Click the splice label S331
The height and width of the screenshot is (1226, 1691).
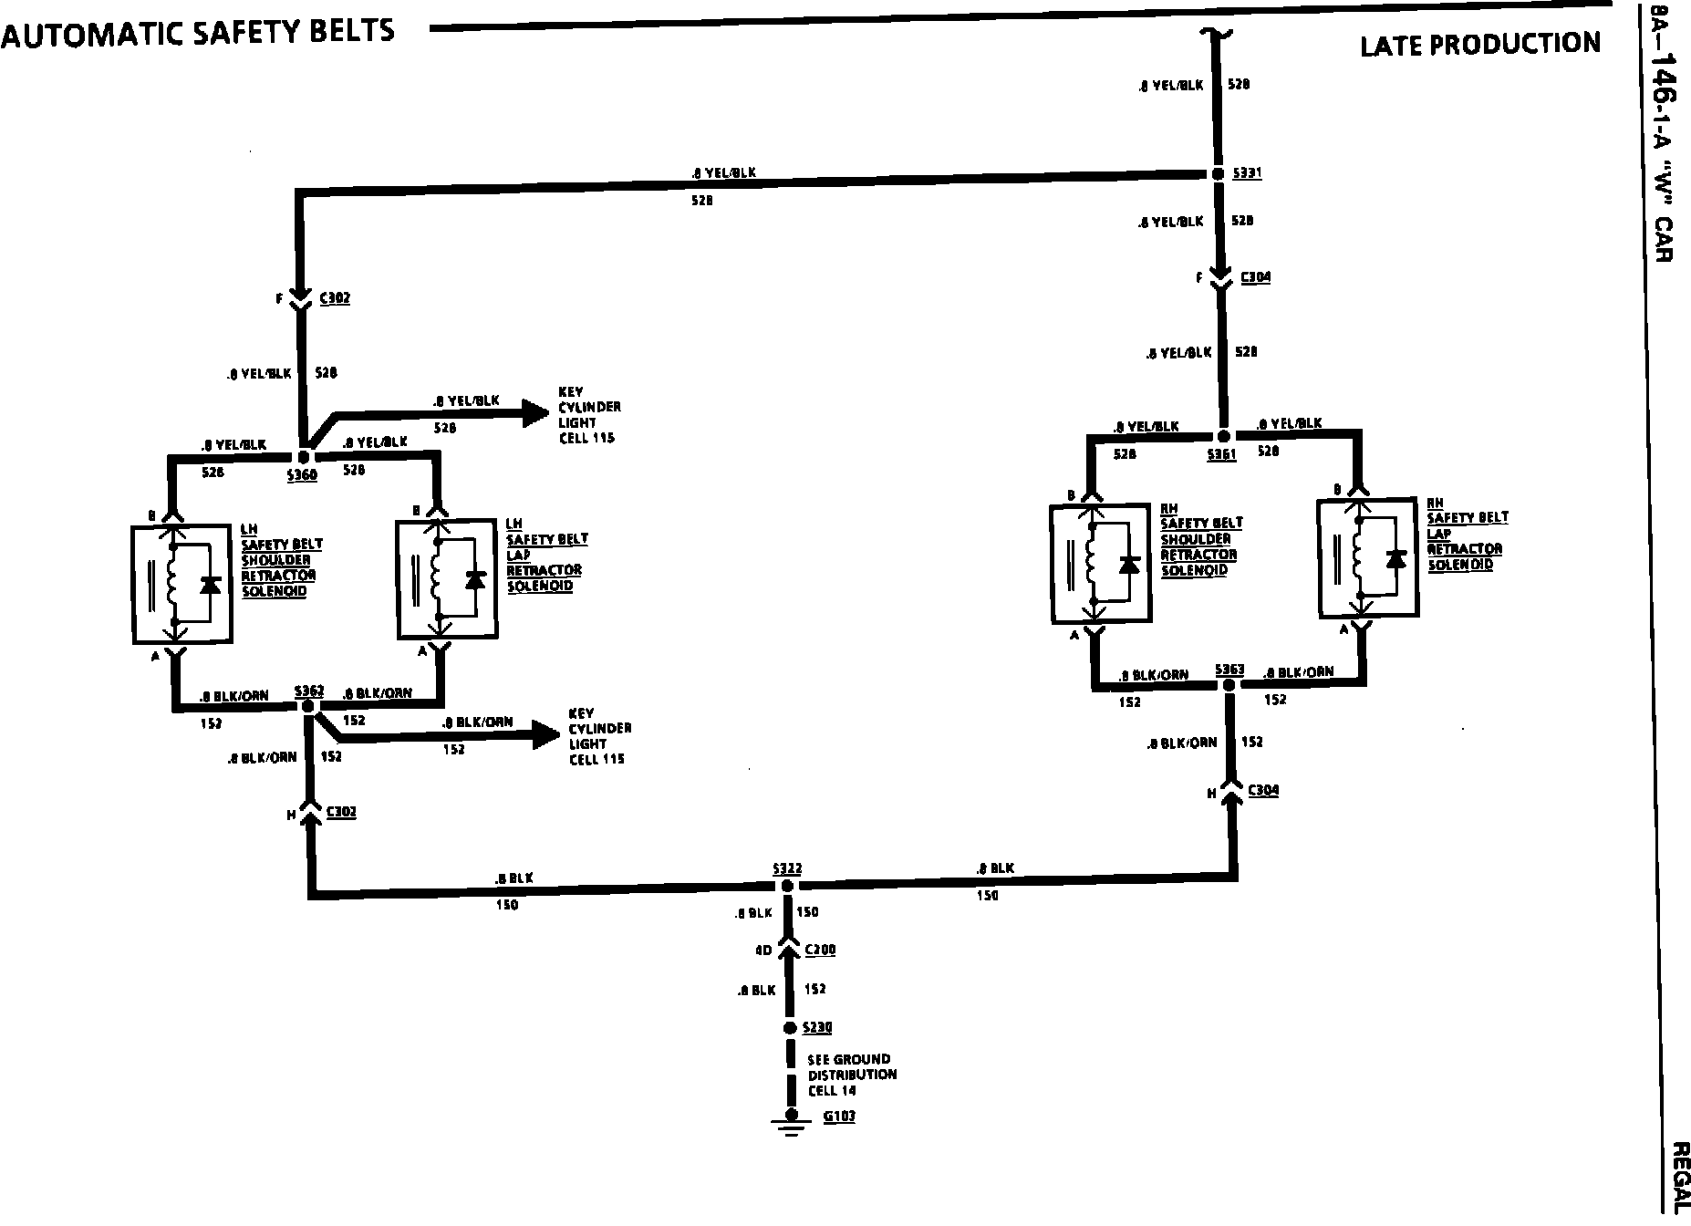1248,173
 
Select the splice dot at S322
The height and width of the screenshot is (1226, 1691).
788,885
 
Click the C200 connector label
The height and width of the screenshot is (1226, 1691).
821,951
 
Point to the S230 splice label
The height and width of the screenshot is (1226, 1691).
817,1028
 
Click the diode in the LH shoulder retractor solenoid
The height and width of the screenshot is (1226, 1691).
211,585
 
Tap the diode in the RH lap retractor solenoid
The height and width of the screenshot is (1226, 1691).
1395,558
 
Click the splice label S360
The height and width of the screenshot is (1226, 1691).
302,475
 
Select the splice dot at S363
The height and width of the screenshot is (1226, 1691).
1229,685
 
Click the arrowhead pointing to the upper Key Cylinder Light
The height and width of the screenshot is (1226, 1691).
534,413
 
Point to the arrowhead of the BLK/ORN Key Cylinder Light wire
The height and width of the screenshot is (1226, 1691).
545,734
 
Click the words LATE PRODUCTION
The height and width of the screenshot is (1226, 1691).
1479,44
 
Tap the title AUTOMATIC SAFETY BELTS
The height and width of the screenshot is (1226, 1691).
198,32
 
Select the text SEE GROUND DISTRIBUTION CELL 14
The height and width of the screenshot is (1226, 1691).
852,1075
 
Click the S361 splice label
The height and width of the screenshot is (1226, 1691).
1221,454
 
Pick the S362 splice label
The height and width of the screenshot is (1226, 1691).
308,691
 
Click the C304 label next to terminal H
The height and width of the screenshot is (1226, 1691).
1263,790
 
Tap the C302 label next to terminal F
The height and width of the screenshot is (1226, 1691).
335,298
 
